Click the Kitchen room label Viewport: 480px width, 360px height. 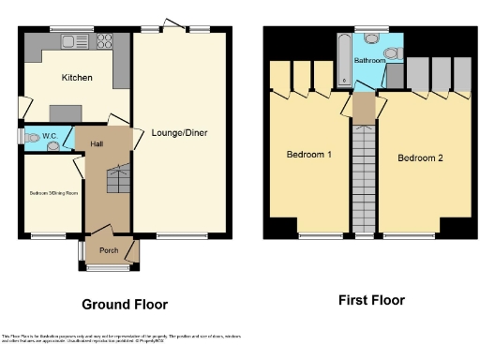76,78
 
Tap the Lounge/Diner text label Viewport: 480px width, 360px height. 179,132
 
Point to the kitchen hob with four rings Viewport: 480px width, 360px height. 102,41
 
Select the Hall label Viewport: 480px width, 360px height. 97,143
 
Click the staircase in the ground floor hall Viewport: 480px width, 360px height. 118,178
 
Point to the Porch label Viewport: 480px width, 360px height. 109,250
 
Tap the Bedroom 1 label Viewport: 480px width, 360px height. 307,154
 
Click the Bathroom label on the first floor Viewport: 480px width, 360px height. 369,61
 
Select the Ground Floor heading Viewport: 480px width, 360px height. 125,304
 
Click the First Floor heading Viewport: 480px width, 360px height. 371,300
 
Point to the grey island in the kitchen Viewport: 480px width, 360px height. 65,112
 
